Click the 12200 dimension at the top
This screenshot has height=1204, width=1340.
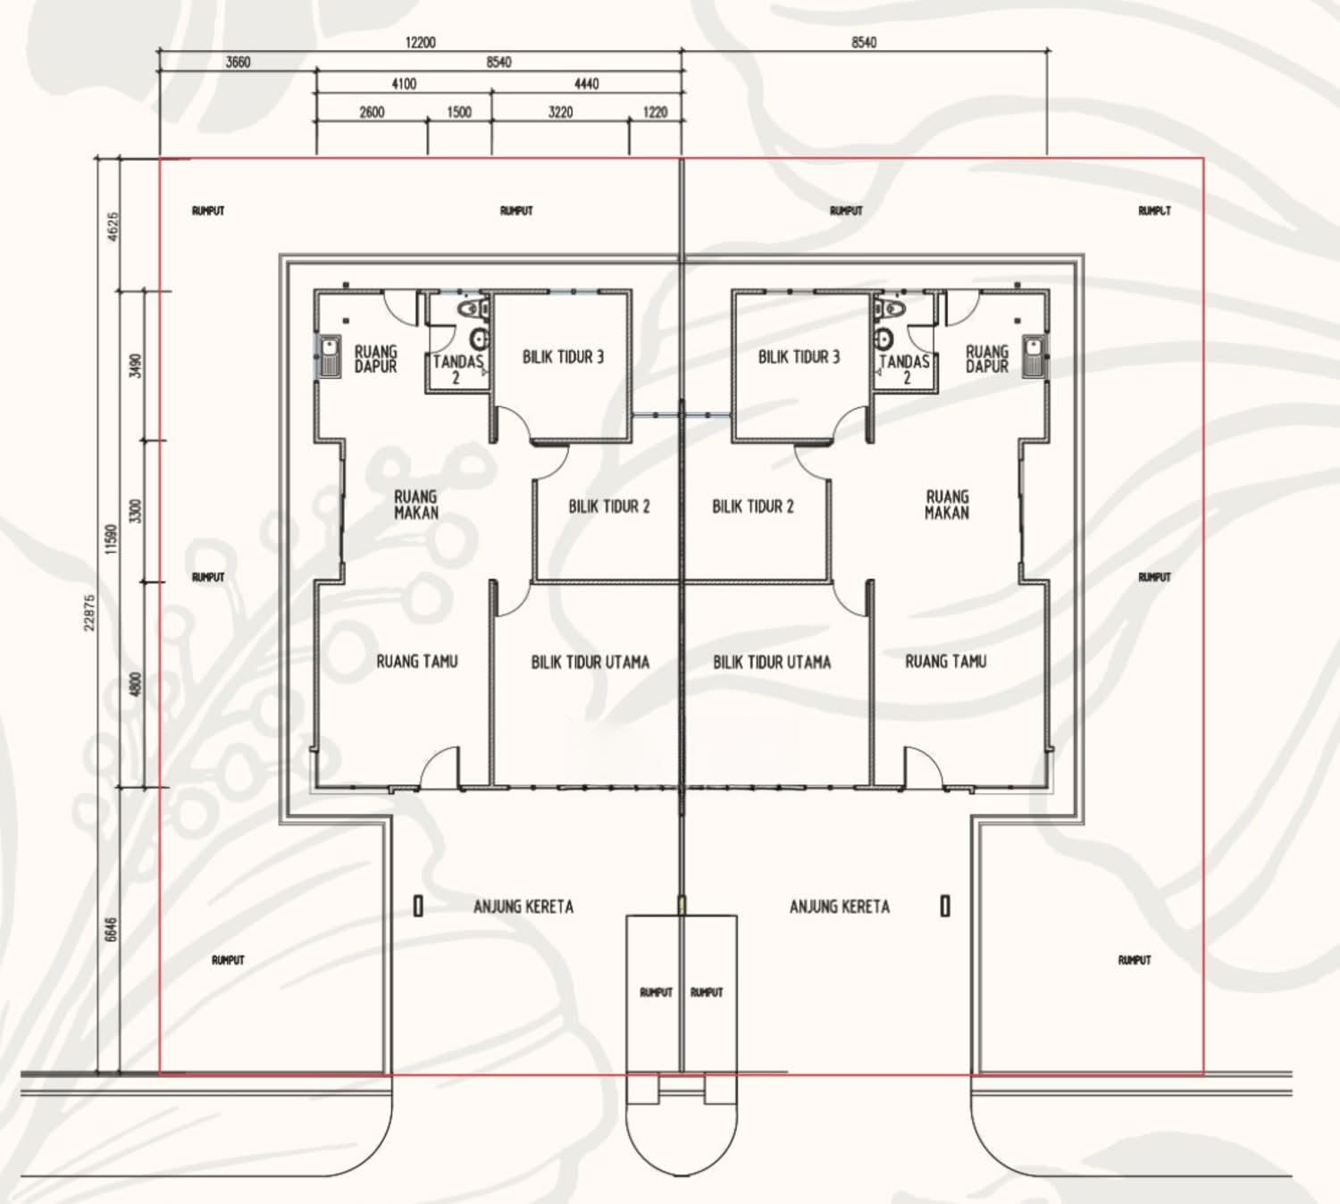(x=420, y=43)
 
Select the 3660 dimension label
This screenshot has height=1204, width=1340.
(x=238, y=63)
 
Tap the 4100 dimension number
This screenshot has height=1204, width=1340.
(x=404, y=84)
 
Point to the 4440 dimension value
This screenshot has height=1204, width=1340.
(x=587, y=84)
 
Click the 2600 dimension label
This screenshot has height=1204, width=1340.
(x=373, y=113)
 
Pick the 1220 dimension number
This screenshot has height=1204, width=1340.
(x=656, y=113)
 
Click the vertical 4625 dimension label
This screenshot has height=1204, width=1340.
(x=113, y=227)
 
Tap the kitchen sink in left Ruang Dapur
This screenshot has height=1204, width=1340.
(x=330, y=356)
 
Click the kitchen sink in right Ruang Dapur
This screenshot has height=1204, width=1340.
(x=1034, y=356)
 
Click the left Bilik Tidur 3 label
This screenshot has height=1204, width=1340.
(x=563, y=357)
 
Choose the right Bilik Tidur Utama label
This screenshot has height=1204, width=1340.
(x=772, y=662)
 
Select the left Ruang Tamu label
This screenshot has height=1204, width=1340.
(x=417, y=662)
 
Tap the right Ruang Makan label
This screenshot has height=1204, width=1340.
(x=947, y=506)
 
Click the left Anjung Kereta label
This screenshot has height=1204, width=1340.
(x=523, y=907)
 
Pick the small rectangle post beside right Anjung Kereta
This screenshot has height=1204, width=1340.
(x=945, y=907)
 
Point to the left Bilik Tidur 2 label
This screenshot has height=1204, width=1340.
(x=608, y=506)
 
